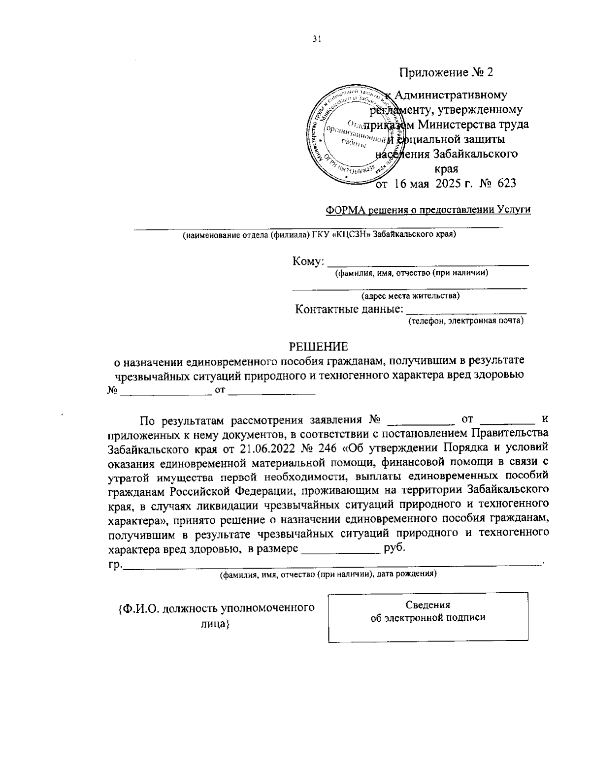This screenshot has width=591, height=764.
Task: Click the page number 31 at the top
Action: coord(316,40)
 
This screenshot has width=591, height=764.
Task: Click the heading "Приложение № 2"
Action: coord(446,72)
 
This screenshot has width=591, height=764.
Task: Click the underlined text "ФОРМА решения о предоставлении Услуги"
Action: coord(428,210)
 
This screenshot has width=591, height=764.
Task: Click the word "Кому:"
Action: coord(308,261)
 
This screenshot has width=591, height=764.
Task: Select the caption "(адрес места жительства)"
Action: coord(411,296)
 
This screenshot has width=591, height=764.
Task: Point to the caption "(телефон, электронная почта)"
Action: coord(465,321)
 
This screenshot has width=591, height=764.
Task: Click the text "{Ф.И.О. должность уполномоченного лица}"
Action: coord(216,615)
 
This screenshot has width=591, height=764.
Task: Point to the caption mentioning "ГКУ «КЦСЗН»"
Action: coord(319,235)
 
